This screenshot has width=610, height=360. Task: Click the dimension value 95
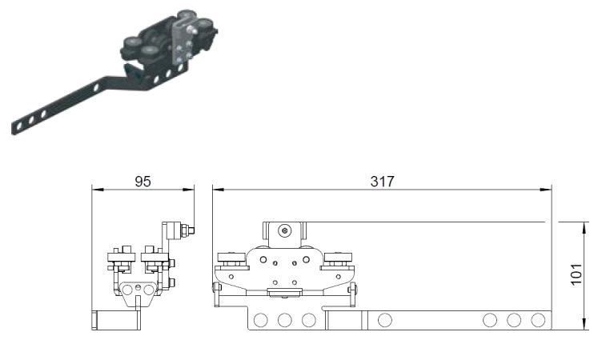(x=142, y=182)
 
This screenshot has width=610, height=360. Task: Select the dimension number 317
(x=382, y=182)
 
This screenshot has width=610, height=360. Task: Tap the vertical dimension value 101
(x=576, y=274)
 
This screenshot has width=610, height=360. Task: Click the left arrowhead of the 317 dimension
(x=219, y=190)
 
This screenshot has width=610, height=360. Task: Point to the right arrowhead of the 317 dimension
(x=546, y=190)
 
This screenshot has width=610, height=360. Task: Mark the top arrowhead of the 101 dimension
(x=584, y=228)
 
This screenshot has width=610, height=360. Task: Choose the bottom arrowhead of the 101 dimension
(x=584, y=324)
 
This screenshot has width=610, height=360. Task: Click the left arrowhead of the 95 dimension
(x=97, y=190)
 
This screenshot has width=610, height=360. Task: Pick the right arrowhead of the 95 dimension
(x=188, y=190)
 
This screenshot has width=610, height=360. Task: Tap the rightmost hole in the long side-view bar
(x=538, y=320)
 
